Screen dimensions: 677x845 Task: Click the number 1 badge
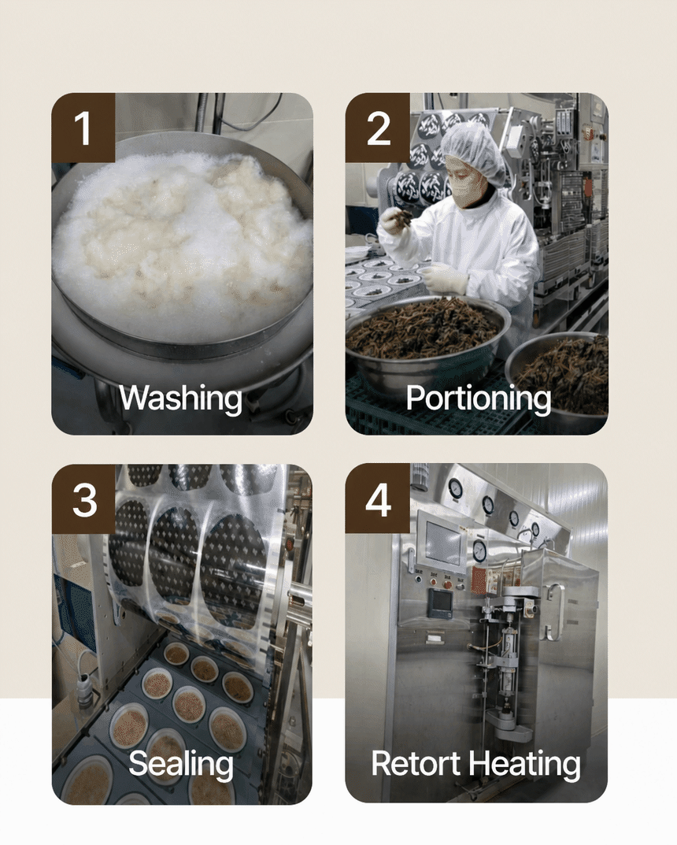[x=83, y=127]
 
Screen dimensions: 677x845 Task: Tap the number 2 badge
[x=377, y=127]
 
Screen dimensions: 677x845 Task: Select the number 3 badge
[x=83, y=499]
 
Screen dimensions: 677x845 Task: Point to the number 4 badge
[x=377, y=499]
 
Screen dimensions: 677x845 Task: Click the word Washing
[x=180, y=398]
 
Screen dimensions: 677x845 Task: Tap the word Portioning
[x=479, y=398]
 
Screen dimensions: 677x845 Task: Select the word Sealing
[x=181, y=764]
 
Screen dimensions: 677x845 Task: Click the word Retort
[x=416, y=764]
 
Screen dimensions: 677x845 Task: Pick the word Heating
[x=524, y=765]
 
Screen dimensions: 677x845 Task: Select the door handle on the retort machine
[x=555, y=613]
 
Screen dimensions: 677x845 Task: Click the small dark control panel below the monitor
[x=439, y=603]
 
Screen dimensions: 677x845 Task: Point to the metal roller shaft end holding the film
[x=301, y=599]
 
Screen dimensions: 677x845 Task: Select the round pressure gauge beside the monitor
[x=479, y=550]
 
